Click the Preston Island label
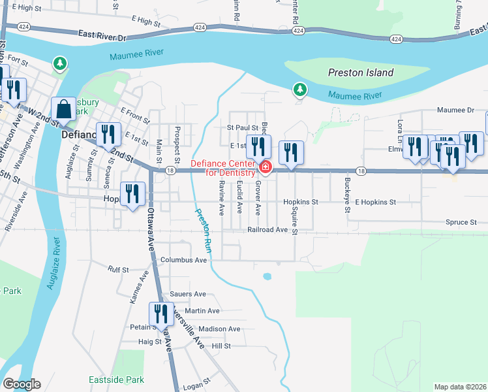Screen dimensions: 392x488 tap(361, 73)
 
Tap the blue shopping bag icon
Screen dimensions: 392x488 tap(64, 110)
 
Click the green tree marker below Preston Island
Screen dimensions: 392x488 tap(299, 89)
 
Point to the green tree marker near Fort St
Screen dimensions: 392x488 tap(60, 63)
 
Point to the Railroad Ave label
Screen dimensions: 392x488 tap(267, 230)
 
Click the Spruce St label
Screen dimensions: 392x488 tap(461, 222)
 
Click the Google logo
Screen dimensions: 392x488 tap(21, 384)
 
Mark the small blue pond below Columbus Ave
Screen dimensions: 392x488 tap(267, 276)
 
